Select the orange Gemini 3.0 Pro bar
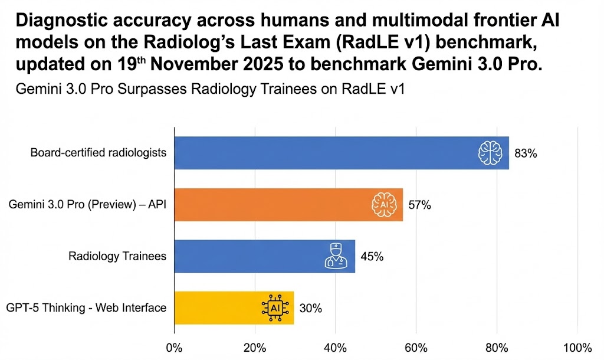click(x=271, y=205)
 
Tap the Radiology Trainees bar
click(x=248, y=256)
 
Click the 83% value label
click(x=525, y=153)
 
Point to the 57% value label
click(x=419, y=205)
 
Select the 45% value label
click(x=372, y=257)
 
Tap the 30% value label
click(x=310, y=308)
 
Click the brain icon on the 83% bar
click(x=490, y=153)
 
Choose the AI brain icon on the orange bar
click(x=383, y=205)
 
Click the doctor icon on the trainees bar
click(x=336, y=256)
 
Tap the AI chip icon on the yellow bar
click(x=274, y=307)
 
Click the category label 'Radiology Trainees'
click(x=117, y=256)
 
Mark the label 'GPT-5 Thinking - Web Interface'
click(x=86, y=307)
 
